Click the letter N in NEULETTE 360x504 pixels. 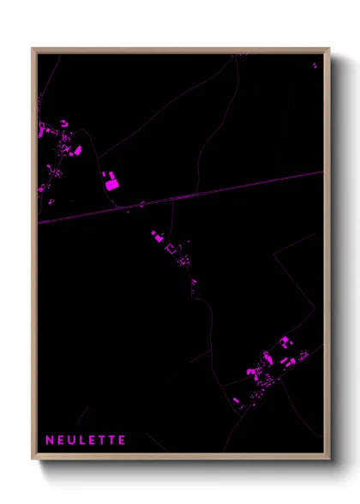coord(49,440)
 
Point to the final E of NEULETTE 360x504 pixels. coord(123,440)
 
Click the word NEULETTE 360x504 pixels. coord(86,440)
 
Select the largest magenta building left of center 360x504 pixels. coord(111,182)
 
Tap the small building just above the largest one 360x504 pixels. coord(107,173)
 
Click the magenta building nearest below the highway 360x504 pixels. coord(156,233)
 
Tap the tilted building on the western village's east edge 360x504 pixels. coord(77,151)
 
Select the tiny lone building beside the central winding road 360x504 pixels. coord(194,281)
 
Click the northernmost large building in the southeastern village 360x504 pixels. coord(286,342)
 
